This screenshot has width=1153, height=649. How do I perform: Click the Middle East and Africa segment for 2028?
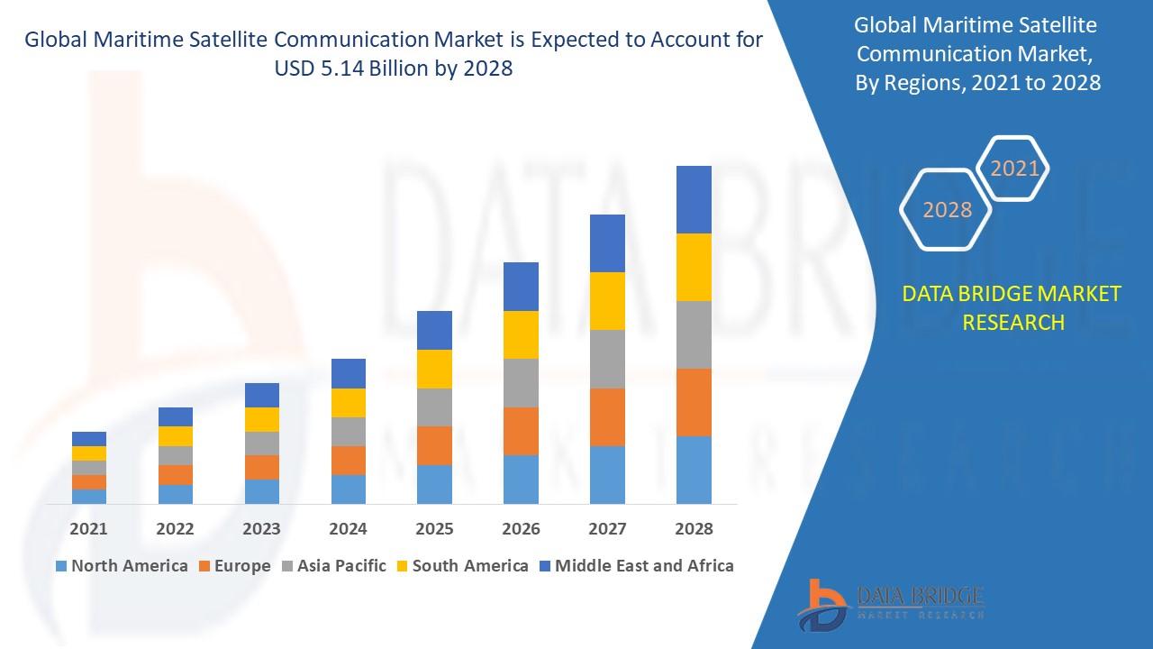(694, 199)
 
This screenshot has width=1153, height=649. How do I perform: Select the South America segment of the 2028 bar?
(694, 267)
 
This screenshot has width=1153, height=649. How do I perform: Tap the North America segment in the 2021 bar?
(89, 496)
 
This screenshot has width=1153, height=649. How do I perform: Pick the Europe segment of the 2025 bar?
(434, 445)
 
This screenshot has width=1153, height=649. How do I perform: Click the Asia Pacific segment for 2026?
(521, 383)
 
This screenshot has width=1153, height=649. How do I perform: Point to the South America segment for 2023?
(262, 419)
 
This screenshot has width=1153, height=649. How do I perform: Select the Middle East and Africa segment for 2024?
(349, 373)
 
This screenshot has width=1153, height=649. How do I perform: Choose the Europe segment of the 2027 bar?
(607, 416)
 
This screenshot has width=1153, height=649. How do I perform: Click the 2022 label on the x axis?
(175, 529)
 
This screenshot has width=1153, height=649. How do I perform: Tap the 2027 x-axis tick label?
(607, 529)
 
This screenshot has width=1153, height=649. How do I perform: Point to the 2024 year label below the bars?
(349, 529)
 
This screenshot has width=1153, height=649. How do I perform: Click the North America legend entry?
(122, 566)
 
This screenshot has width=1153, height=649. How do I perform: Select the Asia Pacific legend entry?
(332, 566)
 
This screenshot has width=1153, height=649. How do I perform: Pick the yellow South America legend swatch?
(401, 566)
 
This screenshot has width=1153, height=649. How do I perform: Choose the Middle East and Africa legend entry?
(635, 566)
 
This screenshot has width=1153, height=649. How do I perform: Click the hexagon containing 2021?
(1014, 169)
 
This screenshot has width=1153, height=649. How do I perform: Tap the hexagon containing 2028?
(947, 210)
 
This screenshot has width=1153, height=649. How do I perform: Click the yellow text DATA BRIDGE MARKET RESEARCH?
(1012, 307)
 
